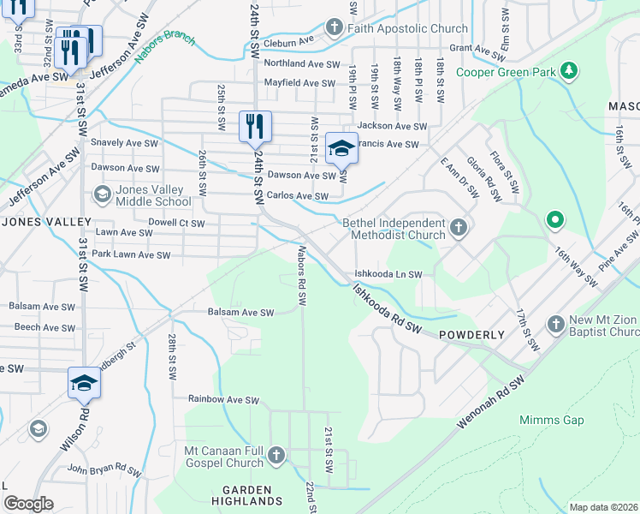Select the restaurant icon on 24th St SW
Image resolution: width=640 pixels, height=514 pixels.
(255, 127)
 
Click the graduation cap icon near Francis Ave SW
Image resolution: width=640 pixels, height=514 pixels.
(341, 147)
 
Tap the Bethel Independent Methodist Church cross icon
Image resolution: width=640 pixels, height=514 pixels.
(459, 228)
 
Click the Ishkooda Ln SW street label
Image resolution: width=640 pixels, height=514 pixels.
(389, 274)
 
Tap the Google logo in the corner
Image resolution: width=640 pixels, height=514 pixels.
(28, 504)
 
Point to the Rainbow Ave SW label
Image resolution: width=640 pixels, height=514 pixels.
(223, 399)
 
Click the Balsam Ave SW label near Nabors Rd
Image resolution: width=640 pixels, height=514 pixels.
(240, 313)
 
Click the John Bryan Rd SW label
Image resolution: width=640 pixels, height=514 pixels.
(104, 469)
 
